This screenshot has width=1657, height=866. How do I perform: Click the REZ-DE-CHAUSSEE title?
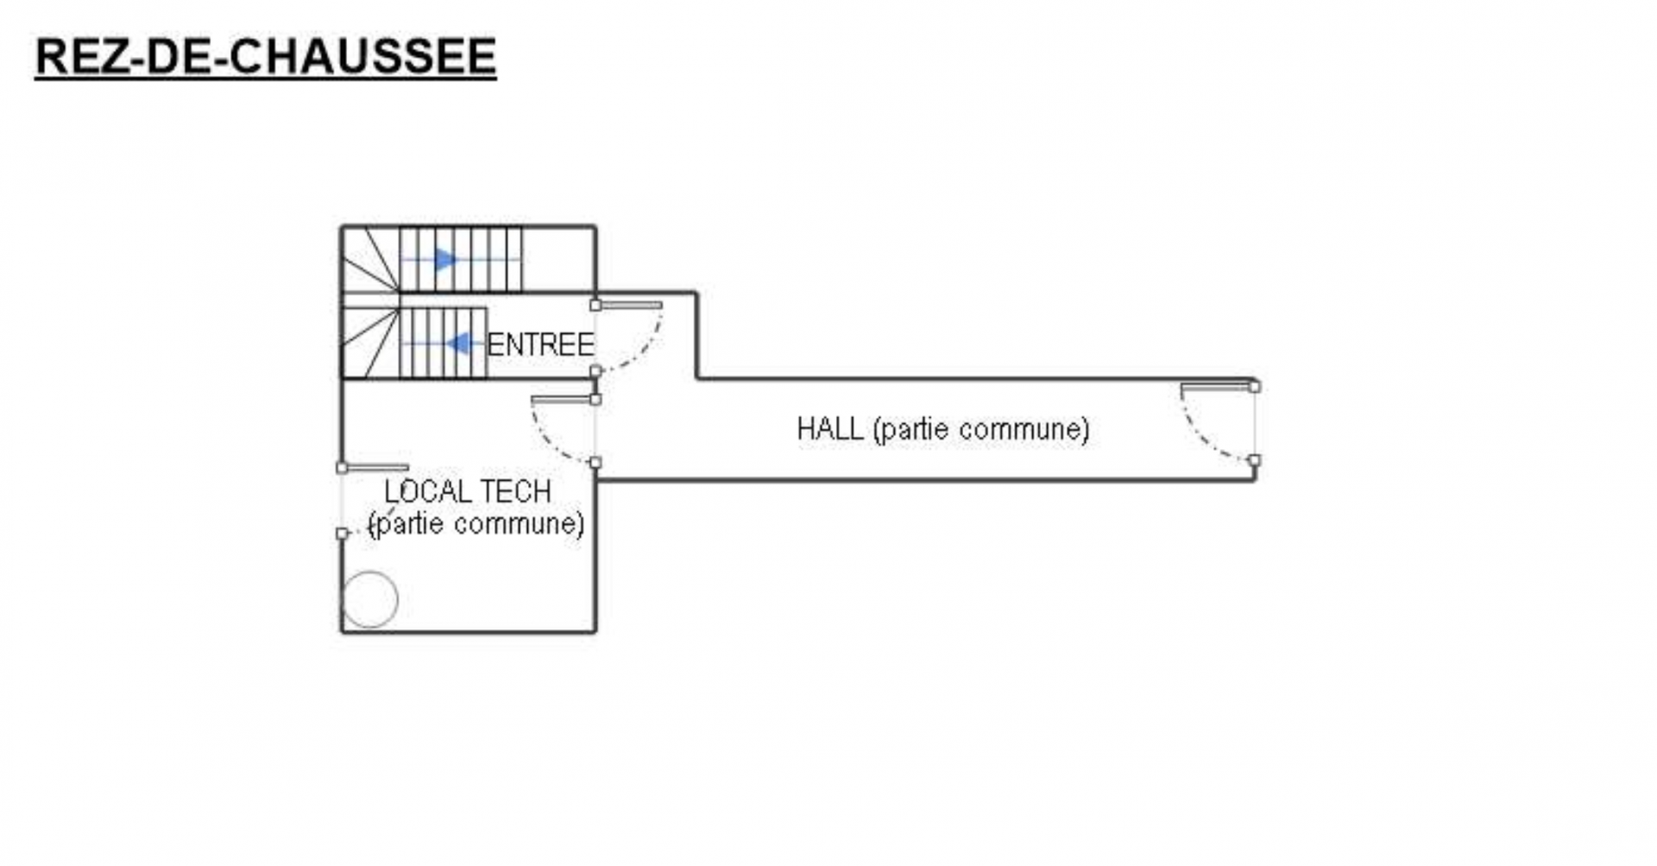click(265, 57)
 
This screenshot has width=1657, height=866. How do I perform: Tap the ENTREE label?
click(540, 345)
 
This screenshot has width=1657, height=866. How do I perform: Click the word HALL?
click(828, 428)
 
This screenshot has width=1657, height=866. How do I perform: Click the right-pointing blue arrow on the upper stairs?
click(445, 259)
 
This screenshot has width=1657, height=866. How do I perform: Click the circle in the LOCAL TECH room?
click(370, 599)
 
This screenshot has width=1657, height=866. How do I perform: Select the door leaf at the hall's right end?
click(1217, 387)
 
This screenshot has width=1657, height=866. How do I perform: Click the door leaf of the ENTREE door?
click(630, 305)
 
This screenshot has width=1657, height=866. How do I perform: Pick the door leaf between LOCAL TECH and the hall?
click(562, 399)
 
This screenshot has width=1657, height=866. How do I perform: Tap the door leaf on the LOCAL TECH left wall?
click(375, 467)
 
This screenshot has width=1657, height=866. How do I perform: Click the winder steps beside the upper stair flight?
click(369, 259)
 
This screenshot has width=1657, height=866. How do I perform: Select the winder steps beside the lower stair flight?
click(369, 343)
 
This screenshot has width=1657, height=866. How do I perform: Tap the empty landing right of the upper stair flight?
click(558, 259)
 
